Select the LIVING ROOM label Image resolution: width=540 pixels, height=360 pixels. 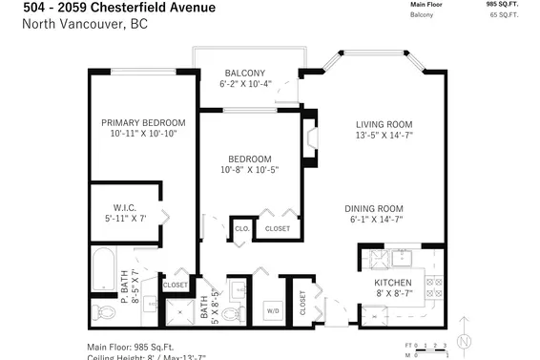tap(384, 124)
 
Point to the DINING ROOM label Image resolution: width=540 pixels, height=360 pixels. tap(374, 208)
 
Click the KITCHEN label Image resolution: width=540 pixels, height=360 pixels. tap(392, 284)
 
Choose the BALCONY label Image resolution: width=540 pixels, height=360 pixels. tap(245, 74)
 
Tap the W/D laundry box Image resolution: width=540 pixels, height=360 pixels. tap(272, 310)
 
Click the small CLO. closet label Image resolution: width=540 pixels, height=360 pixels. tap(241, 229)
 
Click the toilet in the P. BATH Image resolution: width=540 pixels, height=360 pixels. tap(102, 311)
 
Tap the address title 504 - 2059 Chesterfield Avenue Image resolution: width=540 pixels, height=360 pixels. tap(119, 8)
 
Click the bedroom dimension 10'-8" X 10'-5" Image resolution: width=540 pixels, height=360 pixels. tap(250, 171)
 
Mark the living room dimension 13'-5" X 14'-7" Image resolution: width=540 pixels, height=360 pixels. tap(384, 137)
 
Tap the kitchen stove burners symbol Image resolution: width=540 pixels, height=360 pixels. tap(434, 286)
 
